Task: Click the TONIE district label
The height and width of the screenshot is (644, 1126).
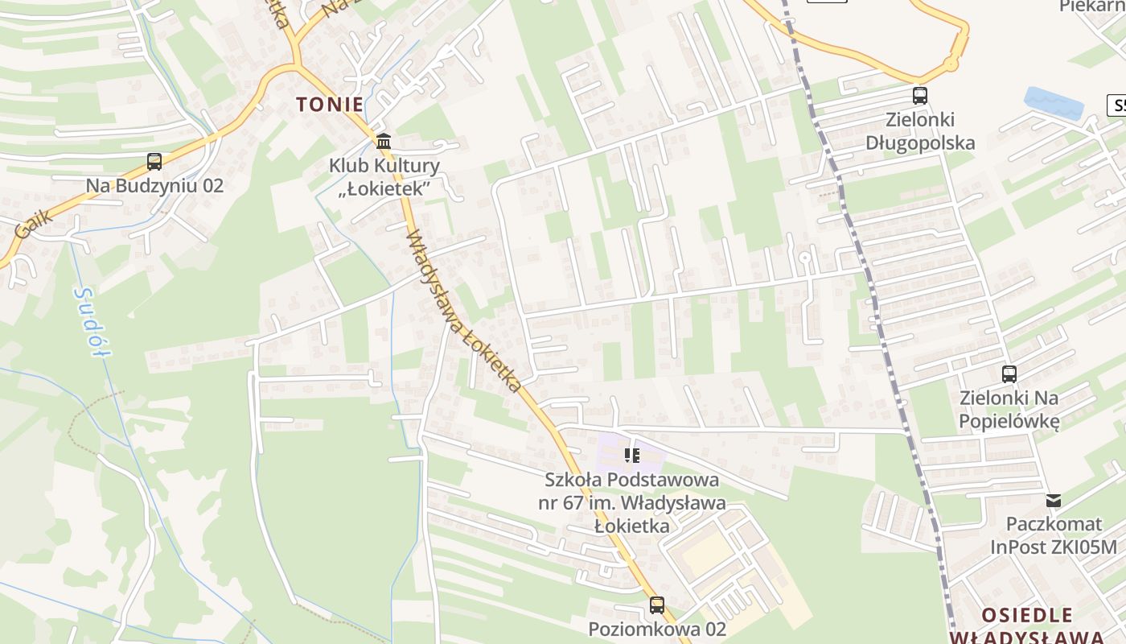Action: (330, 104)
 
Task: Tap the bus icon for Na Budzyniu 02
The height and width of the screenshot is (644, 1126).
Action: (154, 162)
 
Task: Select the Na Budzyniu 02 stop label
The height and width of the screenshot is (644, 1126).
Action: (154, 186)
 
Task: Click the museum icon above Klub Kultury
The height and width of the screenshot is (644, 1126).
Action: (384, 142)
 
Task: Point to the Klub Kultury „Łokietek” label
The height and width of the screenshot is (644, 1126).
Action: (384, 177)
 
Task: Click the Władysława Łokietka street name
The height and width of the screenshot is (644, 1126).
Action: (463, 312)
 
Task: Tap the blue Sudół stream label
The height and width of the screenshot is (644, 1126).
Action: (88, 323)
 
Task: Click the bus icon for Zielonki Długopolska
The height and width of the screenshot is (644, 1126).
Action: (920, 96)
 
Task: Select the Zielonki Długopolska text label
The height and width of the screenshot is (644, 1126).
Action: (920, 131)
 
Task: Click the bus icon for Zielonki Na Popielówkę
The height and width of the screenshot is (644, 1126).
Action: (1009, 374)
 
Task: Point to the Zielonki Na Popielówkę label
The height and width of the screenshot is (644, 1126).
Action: (1009, 409)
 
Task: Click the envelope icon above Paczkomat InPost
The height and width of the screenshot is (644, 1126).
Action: (1054, 501)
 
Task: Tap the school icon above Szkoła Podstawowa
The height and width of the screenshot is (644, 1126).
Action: (632, 456)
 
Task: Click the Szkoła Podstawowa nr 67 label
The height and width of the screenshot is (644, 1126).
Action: (632, 503)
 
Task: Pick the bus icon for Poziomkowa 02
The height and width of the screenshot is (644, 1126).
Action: (657, 605)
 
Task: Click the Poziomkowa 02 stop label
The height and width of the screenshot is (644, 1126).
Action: (657, 629)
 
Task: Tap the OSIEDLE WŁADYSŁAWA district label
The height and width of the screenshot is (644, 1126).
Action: (1027, 625)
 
